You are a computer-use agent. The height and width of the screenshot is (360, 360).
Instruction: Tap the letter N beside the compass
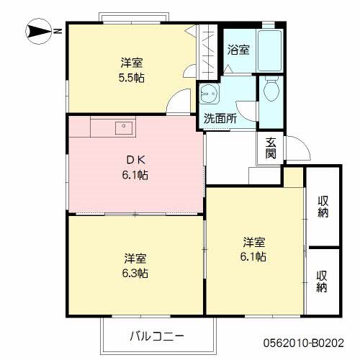tap(57, 32)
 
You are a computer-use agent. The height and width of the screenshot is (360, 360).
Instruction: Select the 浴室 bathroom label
tap(238, 50)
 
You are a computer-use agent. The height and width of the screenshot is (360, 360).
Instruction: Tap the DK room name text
tap(135, 160)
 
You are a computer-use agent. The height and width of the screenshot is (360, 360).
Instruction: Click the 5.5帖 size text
tap(131, 77)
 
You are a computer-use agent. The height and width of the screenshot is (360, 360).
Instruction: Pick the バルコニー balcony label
tap(158, 336)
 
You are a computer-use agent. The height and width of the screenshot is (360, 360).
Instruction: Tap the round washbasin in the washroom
tap(209, 94)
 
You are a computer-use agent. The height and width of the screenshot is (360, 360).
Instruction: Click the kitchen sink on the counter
tap(124, 127)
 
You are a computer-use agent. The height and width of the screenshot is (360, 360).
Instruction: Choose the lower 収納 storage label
tap(324, 281)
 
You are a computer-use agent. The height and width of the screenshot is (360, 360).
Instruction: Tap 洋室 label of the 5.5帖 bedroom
tap(131, 63)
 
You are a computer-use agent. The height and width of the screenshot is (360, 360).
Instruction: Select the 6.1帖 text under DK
tap(135, 175)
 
